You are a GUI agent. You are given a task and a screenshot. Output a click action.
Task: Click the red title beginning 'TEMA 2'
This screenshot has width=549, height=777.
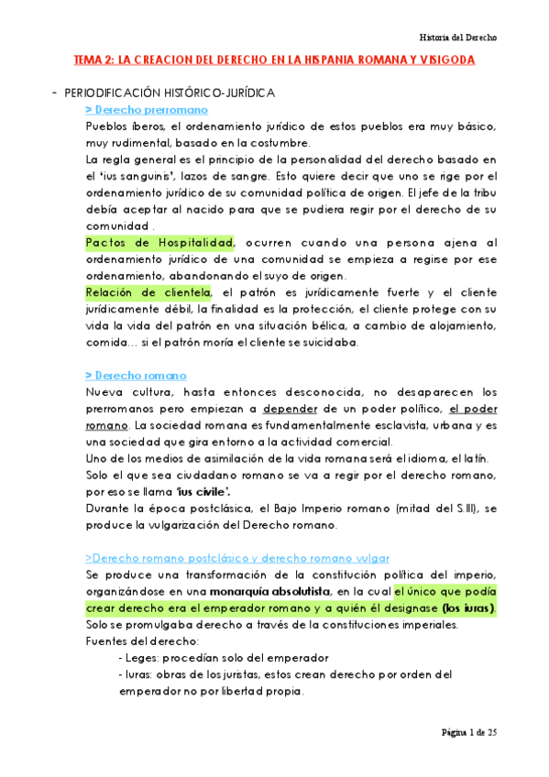click(x=274, y=60)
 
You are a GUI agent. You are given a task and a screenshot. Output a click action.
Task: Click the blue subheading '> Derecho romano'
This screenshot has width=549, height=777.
click(x=135, y=376)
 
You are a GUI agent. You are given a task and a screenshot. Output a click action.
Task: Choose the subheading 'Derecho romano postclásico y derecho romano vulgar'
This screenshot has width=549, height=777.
click(x=236, y=558)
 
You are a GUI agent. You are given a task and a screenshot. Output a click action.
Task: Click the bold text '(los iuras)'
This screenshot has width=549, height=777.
click(x=467, y=608)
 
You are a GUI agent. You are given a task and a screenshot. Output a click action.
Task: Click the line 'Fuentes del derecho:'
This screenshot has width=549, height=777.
click(x=134, y=641)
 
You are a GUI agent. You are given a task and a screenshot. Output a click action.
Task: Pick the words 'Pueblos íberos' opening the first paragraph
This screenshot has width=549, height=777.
click(x=125, y=126)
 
